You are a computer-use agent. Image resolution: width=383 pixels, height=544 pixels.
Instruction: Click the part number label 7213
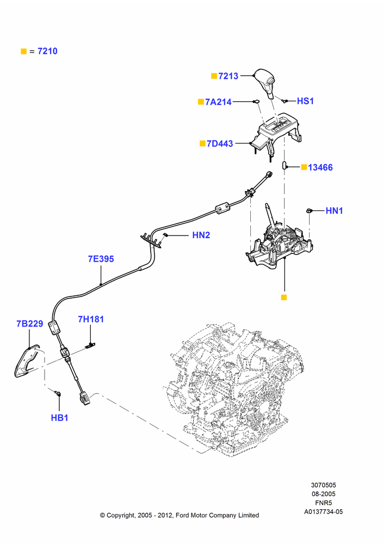coord(228,76)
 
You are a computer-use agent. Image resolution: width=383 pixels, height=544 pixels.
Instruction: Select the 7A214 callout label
coord(218,102)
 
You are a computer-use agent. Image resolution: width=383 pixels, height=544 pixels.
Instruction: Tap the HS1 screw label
coord(305,101)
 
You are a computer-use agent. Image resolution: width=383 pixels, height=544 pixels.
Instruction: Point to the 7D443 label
coord(220,144)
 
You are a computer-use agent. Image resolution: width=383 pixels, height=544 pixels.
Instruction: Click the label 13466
coord(320,168)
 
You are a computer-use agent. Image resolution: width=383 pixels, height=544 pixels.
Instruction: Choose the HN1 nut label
coord(334,211)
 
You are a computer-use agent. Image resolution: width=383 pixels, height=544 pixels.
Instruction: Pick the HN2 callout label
coord(201,235)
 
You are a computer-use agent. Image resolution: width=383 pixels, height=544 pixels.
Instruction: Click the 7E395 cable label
coord(101,259)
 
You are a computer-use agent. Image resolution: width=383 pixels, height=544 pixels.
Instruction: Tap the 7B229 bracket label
coord(30,324)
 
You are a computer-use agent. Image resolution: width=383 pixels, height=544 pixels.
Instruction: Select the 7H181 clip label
coord(91,319)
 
